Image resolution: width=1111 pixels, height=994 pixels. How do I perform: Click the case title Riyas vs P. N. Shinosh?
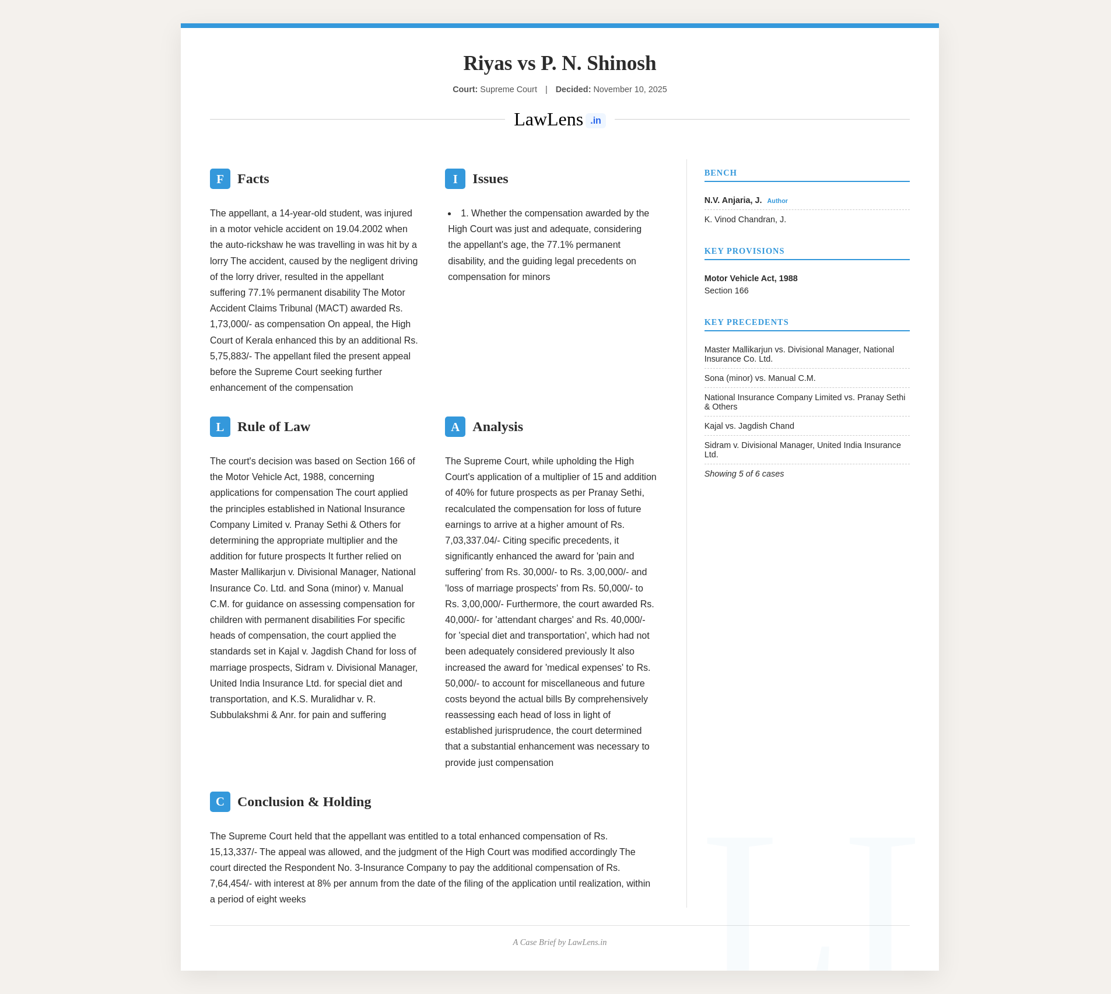[559, 63]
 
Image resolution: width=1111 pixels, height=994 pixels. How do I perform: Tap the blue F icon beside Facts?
[220, 179]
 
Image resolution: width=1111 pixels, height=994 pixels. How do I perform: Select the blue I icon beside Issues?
[455, 179]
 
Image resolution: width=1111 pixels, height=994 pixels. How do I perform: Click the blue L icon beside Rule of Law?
[220, 427]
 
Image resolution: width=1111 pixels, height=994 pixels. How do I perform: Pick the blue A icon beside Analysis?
[455, 427]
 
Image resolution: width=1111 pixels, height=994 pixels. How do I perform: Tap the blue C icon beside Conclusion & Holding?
[220, 802]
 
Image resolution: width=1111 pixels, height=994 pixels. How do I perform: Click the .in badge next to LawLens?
[595, 121]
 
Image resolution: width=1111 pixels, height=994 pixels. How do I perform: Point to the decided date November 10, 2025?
[630, 89]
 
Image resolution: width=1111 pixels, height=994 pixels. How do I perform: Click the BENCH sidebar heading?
[720, 173]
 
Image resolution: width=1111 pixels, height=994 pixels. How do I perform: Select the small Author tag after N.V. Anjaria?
[777, 201]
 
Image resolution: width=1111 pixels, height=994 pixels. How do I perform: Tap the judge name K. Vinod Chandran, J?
[745, 219]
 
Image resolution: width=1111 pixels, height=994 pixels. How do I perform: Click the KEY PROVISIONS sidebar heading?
[744, 251]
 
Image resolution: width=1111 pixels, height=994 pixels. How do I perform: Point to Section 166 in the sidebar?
[726, 290]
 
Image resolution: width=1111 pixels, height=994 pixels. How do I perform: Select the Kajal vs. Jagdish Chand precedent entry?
[749, 426]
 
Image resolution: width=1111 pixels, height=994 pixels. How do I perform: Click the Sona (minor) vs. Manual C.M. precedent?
[760, 378]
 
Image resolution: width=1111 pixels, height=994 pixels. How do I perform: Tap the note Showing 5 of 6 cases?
[744, 474]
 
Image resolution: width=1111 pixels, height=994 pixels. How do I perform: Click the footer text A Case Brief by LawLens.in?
[559, 942]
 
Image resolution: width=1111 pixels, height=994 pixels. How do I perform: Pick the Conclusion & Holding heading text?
[304, 802]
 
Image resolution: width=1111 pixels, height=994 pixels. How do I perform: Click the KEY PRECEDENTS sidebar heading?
[746, 322]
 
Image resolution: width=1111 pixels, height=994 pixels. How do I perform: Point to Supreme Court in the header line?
[508, 89]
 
